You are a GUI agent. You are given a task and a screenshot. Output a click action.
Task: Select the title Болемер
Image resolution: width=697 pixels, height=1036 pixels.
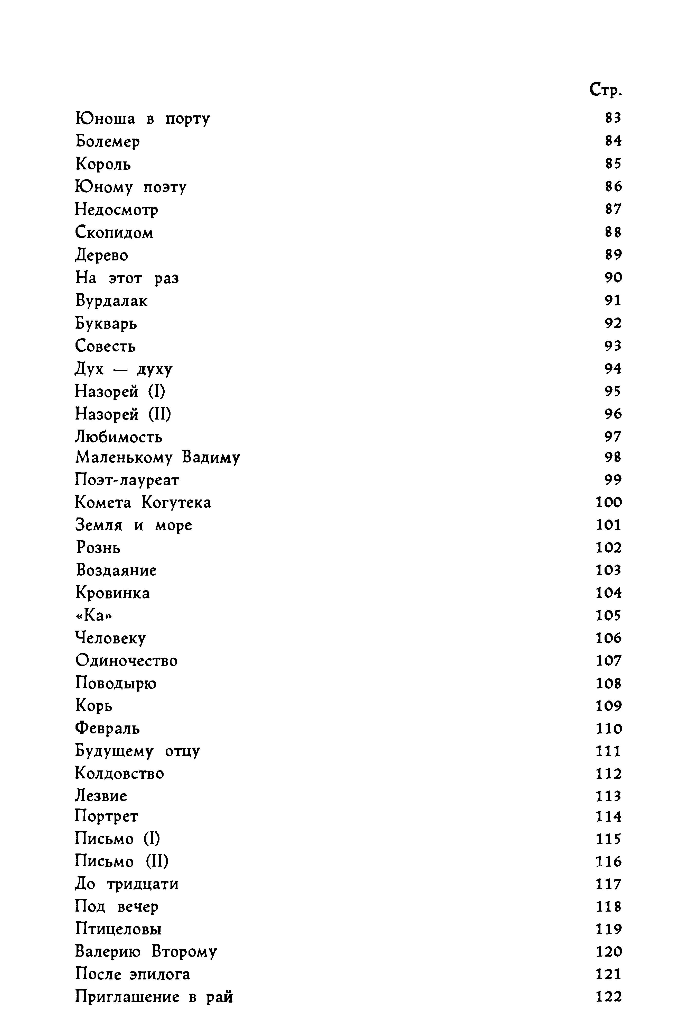tap(108, 141)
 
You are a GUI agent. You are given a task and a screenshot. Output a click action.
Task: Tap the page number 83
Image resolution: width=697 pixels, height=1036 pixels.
tap(613, 118)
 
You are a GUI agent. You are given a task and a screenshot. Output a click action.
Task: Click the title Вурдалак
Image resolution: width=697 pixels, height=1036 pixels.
tap(111, 301)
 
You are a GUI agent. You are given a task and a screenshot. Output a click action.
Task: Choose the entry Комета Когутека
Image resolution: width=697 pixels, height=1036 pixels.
tap(143, 503)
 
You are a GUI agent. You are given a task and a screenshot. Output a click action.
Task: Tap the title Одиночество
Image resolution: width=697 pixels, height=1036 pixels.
tap(126, 661)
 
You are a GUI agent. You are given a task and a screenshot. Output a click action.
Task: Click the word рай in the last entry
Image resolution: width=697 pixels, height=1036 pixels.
tap(220, 997)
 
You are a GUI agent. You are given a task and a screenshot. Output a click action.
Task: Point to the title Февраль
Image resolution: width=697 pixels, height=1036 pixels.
tap(107, 729)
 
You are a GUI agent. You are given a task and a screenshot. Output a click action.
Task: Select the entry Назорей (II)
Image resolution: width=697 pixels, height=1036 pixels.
tap(123, 414)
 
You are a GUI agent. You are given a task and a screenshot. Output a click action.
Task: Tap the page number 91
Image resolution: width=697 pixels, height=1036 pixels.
tap(613, 300)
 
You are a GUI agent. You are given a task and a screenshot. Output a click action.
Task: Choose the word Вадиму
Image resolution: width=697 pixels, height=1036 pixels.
tap(211, 458)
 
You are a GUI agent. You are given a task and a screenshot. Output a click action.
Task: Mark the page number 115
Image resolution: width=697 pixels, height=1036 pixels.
tap(609, 839)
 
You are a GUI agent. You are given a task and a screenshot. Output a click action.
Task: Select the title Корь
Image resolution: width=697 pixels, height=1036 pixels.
tap(94, 706)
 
